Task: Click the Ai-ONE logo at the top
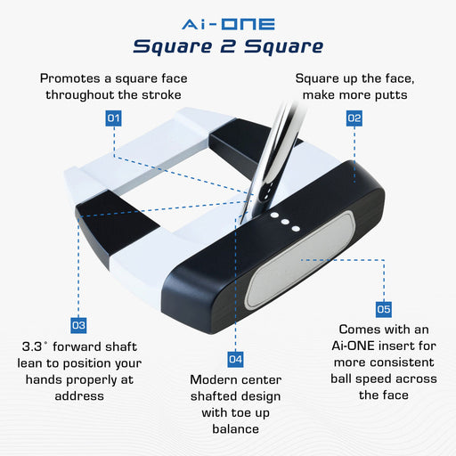pos(227,22)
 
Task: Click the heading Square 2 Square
pos(227,45)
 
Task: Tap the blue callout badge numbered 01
pos(113,118)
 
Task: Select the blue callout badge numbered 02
pos(354,118)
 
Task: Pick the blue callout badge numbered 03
pos(78,325)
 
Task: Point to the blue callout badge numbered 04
pos(235,359)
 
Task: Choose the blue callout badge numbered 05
pos(383,309)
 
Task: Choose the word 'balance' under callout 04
pos(235,429)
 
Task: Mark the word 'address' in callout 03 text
pos(79,395)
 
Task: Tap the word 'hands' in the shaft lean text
pos(37,379)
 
